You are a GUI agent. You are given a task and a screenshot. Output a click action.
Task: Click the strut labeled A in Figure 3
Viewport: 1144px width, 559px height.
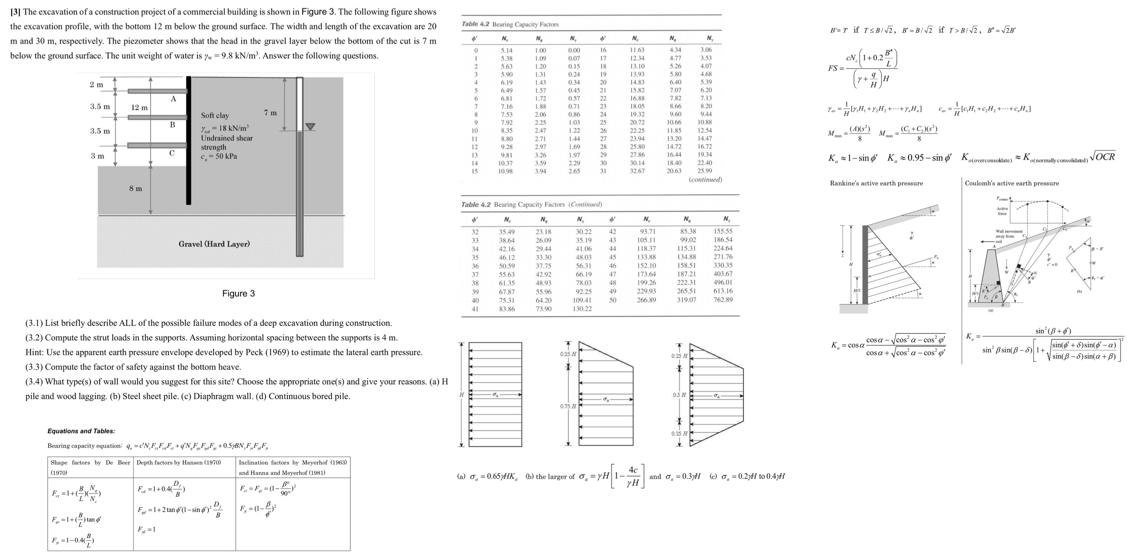157,91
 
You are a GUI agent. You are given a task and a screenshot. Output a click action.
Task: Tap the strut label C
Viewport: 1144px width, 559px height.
172,153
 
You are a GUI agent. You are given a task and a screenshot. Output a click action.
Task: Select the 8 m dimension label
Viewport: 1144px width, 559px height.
135,189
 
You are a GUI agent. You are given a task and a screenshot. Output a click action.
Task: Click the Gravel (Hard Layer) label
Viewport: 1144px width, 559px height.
214,244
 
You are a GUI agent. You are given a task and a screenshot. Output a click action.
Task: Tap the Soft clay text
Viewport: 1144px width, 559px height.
215,115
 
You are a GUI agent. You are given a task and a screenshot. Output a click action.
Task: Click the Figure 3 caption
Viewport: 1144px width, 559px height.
238,293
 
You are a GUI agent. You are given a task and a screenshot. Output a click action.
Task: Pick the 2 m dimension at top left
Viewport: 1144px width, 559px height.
96,84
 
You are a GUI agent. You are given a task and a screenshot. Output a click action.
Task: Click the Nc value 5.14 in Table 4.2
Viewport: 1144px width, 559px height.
506,51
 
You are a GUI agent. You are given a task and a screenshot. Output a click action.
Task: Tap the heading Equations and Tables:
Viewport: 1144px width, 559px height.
81,431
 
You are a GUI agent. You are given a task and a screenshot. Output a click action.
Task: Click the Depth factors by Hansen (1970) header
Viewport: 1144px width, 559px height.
178,462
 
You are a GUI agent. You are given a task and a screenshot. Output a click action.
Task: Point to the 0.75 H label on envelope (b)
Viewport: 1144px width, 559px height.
568,406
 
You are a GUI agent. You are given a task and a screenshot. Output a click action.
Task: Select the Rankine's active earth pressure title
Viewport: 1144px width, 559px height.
876,183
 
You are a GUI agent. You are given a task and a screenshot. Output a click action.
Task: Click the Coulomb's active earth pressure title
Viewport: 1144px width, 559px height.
1012,183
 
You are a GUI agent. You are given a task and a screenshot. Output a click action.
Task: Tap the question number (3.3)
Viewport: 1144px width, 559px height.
34,367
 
